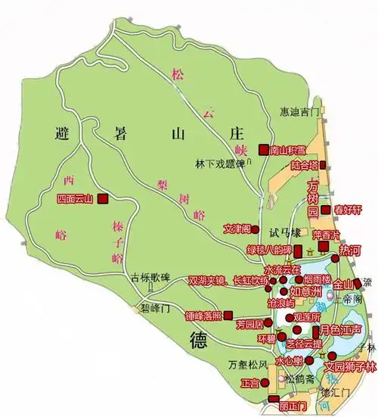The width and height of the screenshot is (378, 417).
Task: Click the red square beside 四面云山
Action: [x=102, y=199]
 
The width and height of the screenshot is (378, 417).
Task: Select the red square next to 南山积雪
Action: [x=263, y=149]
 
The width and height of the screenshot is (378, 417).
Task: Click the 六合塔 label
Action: [x=302, y=166]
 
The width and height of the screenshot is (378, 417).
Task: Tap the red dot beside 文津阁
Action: [x=256, y=228]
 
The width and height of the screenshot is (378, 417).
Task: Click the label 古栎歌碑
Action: [x=149, y=276]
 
